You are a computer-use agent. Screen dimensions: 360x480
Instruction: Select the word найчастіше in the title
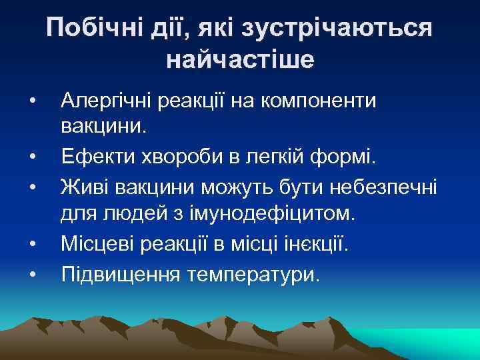click(x=240, y=60)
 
